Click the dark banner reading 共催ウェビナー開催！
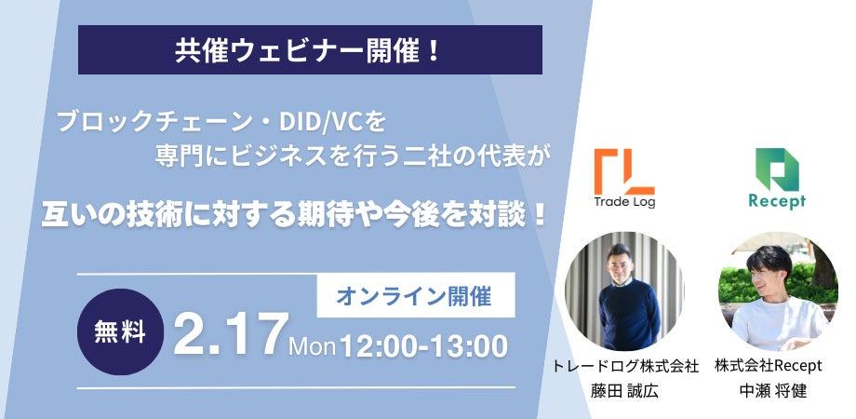(x=310, y=49)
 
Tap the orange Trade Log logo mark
(x=624, y=171)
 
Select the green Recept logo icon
(x=777, y=169)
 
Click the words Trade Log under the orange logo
(x=624, y=202)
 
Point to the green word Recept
(x=777, y=201)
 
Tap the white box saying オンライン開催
(x=416, y=296)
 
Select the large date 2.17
(x=230, y=335)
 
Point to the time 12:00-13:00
(x=423, y=346)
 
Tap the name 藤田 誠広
(x=624, y=390)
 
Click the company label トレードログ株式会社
(x=625, y=367)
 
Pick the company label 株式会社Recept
(x=769, y=366)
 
